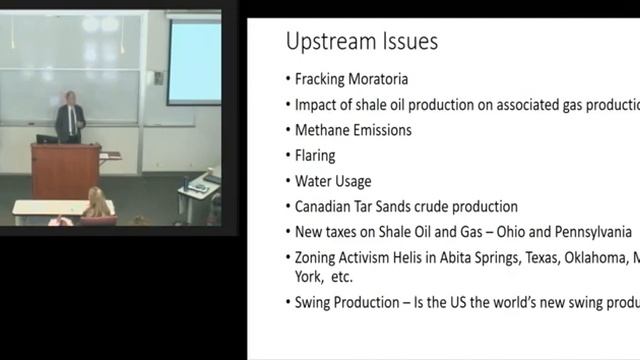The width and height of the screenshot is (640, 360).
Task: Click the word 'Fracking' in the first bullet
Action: tap(323, 78)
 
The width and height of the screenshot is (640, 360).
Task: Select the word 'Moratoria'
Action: tap(385, 78)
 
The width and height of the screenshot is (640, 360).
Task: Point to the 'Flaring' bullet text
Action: tap(315, 156)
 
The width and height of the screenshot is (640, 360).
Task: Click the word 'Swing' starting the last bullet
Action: tap(315, 303)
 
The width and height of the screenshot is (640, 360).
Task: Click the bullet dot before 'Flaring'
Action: tap(287, 157)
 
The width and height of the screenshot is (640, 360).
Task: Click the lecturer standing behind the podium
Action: tap(70, 118)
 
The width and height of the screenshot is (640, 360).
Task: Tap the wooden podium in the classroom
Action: tap(65, 170)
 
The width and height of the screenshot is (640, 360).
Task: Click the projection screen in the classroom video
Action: tap(194, 62)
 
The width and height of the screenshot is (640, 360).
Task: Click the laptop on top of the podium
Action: tap(46, 139)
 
